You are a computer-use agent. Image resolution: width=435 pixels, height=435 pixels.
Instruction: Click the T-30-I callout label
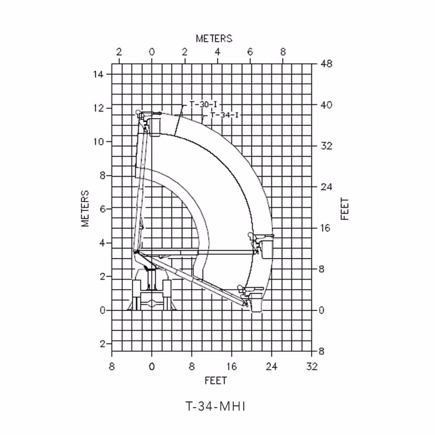(x=203, y=104)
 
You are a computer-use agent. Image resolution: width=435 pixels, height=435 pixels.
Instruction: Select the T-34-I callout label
(x=225, y=115)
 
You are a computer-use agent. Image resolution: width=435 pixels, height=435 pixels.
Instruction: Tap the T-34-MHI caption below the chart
(x=215, y=407)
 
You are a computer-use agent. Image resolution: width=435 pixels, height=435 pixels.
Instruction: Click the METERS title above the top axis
(x=214, y=39)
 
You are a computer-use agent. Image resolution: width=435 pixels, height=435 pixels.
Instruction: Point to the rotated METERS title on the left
(x=85, y=208)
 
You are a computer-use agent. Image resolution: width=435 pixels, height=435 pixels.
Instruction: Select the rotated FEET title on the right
(x=344, y=209)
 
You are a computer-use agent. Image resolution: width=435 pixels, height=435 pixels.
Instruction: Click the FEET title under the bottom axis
(x=216, y=380)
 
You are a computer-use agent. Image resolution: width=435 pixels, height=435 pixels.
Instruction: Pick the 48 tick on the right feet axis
(x=326, y=64)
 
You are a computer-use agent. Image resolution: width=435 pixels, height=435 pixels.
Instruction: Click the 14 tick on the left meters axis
(x=98, y=74)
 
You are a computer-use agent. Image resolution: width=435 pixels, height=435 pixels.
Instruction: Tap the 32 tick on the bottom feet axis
(x=312, y=366)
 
